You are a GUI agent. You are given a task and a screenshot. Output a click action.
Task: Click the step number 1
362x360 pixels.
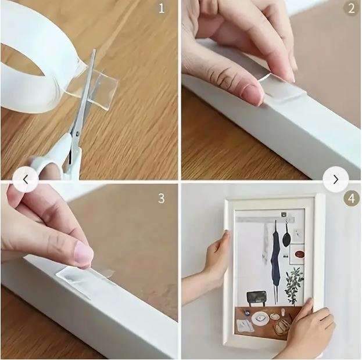161,9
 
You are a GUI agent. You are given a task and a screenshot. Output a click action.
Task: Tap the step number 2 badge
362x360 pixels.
350,9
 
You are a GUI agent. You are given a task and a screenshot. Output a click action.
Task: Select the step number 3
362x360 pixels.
161,198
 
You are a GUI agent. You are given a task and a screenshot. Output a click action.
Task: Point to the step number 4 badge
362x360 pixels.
350,198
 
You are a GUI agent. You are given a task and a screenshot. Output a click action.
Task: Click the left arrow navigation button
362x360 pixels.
26,180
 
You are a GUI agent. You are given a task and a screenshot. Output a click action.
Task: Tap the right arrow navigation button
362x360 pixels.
335,180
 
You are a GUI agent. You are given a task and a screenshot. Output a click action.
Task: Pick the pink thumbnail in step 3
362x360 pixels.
84,253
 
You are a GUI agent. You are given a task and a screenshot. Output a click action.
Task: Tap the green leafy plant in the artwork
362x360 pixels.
293,282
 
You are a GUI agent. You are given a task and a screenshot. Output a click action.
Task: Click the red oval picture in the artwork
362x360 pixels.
300,254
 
